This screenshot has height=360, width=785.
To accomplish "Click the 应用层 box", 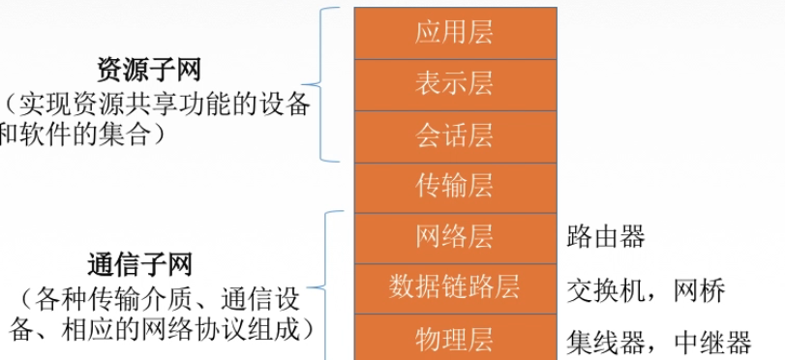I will (x=454, y=32).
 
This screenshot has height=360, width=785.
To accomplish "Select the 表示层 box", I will (x=454, y=83).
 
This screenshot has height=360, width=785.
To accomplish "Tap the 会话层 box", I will (x=454, y=135).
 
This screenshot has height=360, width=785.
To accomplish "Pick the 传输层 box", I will (x=454, y=186).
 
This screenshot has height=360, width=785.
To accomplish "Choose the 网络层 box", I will (x=454, y=236).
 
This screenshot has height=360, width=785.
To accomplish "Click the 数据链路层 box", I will (x=454, y=286).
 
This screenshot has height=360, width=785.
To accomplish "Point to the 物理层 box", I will (x=454, y=338).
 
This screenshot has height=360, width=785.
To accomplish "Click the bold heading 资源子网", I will (x=155, y=70).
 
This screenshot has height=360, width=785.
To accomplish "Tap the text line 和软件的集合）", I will (x=92, y=136).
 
